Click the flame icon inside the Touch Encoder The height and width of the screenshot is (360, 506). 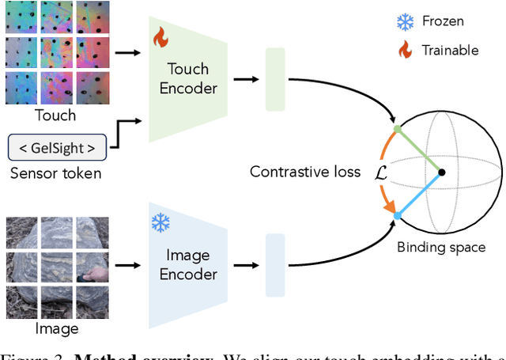[160, 37]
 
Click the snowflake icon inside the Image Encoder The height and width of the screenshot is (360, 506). [160, 224]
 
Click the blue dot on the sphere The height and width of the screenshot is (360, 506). [397, 215]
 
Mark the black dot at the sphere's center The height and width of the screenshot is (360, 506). [442, 172]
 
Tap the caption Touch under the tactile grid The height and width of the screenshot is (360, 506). [55, 116]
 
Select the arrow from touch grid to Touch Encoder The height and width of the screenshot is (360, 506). [124, 54]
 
